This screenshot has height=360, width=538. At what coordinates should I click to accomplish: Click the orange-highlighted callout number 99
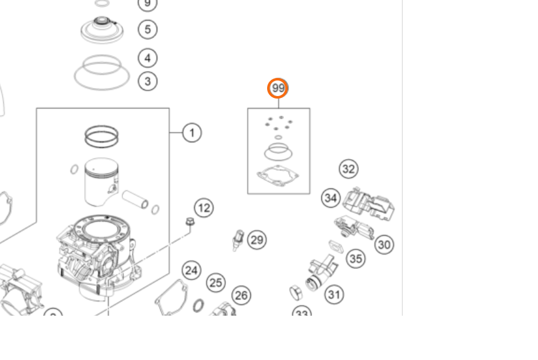[x=278, y=89]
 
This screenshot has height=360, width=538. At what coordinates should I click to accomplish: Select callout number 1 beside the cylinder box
[x=192, y=133]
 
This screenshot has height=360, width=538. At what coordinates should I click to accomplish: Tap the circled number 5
[x=147, y=29]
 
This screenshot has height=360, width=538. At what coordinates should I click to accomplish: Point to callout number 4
[x=147, y=58]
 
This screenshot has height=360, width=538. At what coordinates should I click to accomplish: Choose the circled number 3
[x=147, y=81]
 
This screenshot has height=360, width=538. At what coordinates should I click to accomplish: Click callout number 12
[x=203, y=208]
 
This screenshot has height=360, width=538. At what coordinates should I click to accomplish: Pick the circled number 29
[x=257, y=240]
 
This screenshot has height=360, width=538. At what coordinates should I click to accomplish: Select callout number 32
[x=348, y=169]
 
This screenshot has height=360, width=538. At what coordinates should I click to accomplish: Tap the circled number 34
[x=331, y=198]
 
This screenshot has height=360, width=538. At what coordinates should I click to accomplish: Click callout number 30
[x=384, y=245]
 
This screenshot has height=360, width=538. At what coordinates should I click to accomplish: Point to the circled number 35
[x=356, y=258]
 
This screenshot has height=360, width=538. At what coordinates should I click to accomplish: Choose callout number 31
[x=335, y=294]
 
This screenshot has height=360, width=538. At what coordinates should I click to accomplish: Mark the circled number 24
[x=192, y=270]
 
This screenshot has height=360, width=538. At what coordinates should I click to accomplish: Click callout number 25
[x=216, y=283]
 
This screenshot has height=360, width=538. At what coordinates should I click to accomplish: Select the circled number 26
[x=241, y=295]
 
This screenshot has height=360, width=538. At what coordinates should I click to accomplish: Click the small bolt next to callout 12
[x=190, y=222]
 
